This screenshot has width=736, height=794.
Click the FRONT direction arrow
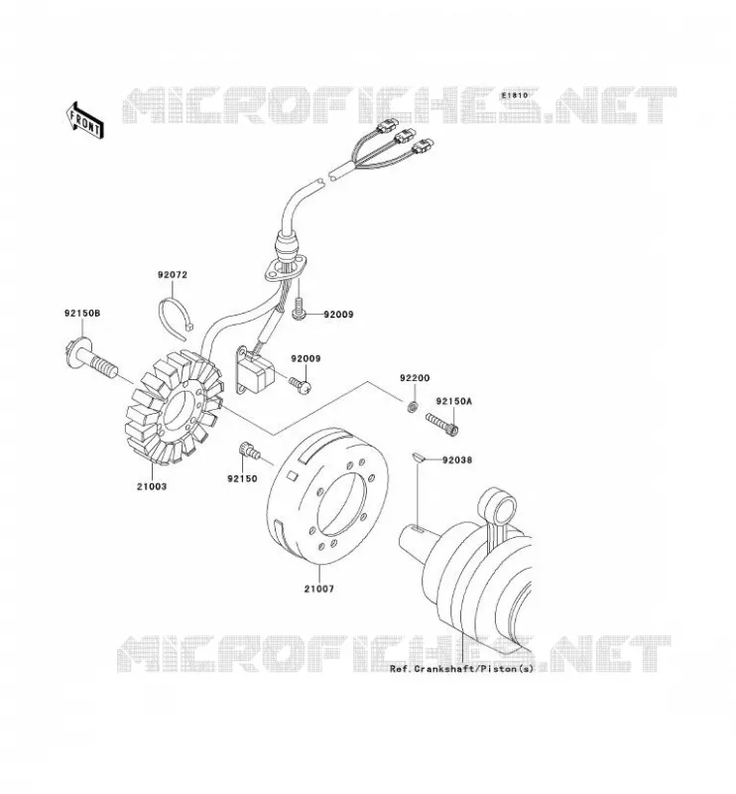coord(85,120)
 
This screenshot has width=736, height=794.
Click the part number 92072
coord(173,275)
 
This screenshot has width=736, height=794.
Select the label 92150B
coord(82,314)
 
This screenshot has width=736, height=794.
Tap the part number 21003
coord(152,486)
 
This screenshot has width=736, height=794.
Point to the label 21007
coord(318,589)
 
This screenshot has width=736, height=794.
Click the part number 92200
coord(415,378)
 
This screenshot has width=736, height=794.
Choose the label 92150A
coord(453,402)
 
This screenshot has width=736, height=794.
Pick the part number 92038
coord(457,461)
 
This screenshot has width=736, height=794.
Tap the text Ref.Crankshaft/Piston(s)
coord(461,669)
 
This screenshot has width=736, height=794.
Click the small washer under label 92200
coord(413,406)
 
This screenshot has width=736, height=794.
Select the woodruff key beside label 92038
coord(417,458)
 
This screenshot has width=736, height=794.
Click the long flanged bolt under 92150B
coord(91,357)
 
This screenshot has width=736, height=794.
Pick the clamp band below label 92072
coord(176,318)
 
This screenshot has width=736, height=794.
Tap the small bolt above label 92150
coord(249,450)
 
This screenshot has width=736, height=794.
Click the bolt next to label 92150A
coord(442,424)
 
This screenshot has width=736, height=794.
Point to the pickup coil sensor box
coord(256,371)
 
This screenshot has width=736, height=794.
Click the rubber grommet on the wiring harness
coord(287,245)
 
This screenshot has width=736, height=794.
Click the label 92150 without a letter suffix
coord(242,478)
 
